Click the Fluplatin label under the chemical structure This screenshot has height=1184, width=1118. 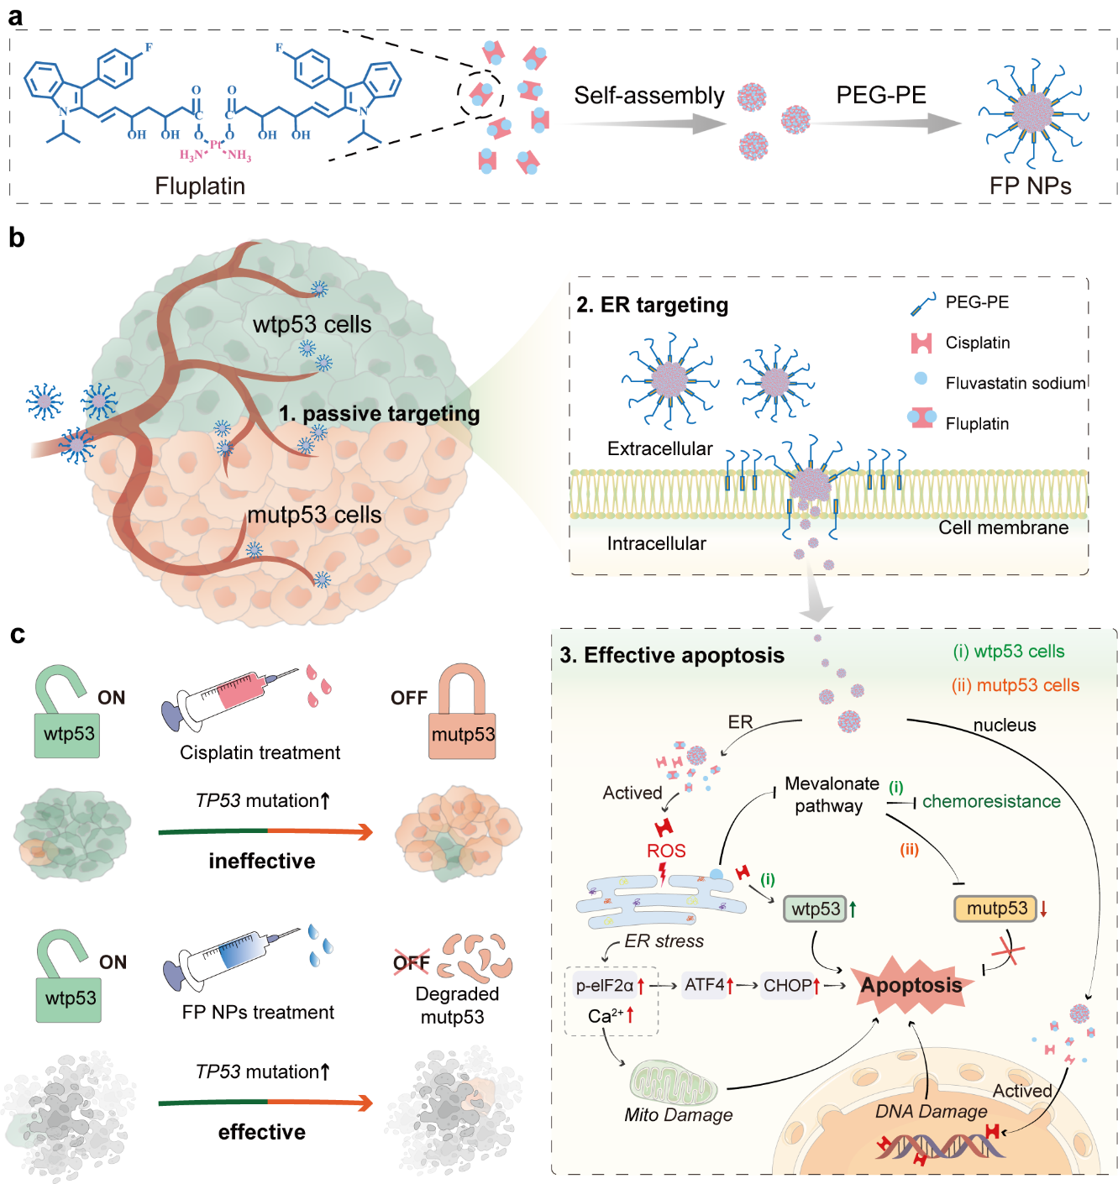click(200, 186)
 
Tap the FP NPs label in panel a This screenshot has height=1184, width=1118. click(1030, 186)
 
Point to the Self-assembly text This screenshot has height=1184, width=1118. click(648, 96)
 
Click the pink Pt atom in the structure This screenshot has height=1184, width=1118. click(215, 144)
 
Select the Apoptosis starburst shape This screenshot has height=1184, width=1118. click(911, 985)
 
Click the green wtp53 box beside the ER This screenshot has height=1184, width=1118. click(815, 909)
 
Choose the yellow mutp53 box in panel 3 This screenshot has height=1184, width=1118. click(996, 908)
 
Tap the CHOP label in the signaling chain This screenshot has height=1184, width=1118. click(787, 985)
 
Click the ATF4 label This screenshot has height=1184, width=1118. click(704, 984)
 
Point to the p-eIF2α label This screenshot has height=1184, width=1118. click(604, 985)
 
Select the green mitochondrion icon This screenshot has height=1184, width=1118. click(674, 1082)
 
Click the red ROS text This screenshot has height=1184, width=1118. click(666, 851)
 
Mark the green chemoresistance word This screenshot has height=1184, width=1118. click(991, 801)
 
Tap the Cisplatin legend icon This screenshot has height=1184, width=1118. click(921, 343)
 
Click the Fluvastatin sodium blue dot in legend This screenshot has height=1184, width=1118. click(921, 379)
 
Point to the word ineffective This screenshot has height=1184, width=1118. click(262, 861)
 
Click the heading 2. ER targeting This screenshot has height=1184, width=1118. click(652, 305)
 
